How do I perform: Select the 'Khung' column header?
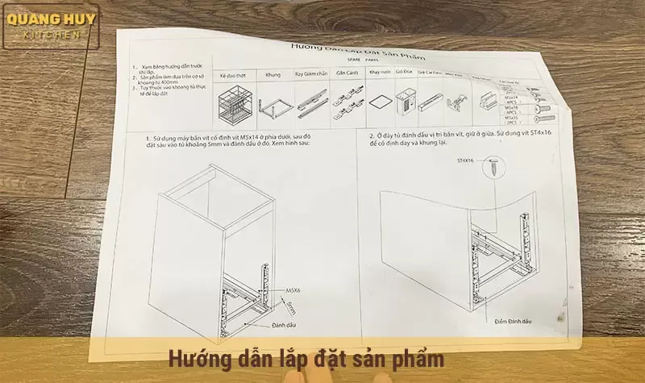(x=273, y=73)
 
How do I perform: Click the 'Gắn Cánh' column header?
(x=347, y=73)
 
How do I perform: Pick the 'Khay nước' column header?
(x=379, y=73)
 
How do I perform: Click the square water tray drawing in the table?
(x=379, y=102)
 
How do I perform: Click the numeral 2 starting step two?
(x=371, y=136)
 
